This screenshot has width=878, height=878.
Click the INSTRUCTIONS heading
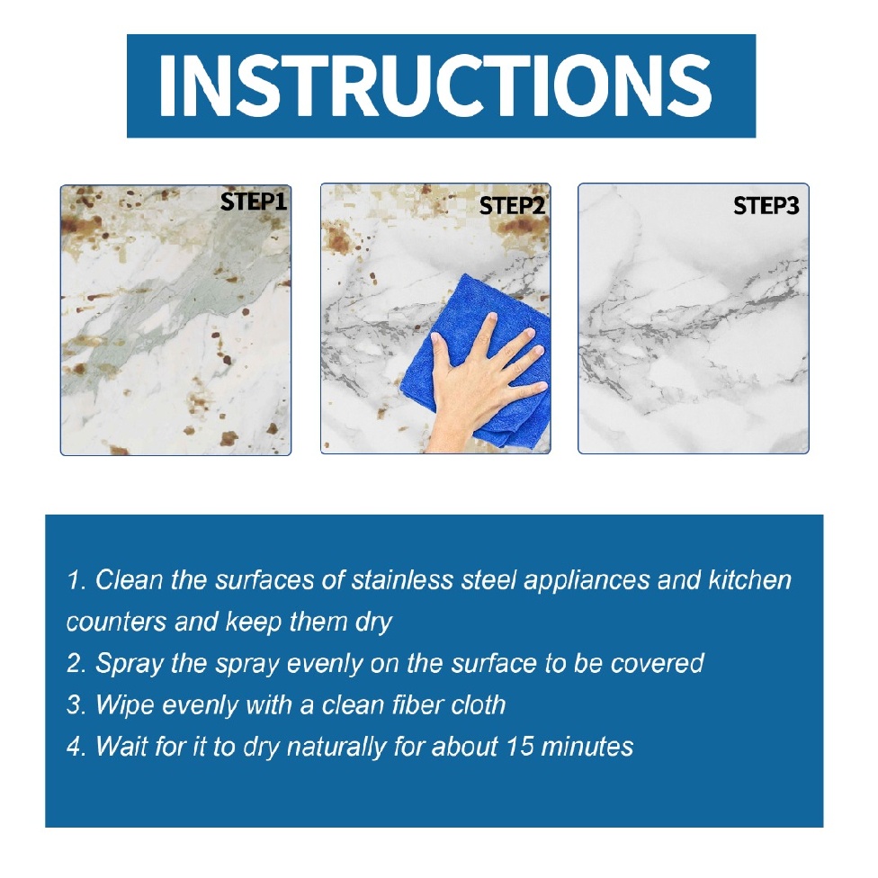tap(440, 85)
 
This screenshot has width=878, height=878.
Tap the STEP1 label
tap(253, 202)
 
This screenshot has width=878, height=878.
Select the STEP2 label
tap(512, 206)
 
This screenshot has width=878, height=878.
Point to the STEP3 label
tap(766, 206)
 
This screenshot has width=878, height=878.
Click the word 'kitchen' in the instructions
tap(750, 580)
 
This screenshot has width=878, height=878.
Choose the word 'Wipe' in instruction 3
tap(121, 704)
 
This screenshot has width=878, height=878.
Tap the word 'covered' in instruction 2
tap(657, 664)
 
